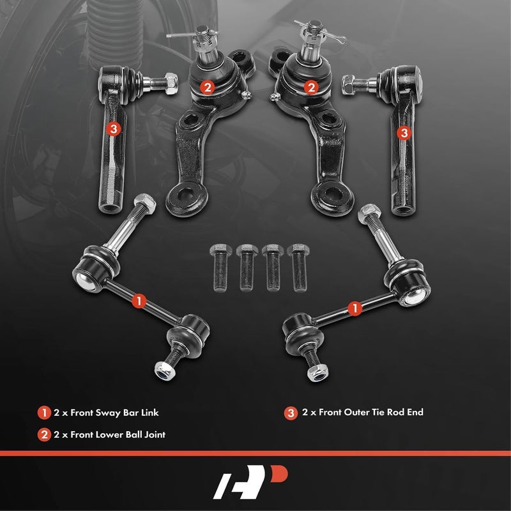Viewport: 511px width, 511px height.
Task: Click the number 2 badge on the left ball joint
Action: [206, 86]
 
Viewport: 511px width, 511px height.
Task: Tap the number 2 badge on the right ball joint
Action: [311, 86]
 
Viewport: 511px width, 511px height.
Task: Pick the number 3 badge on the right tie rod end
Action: [404, 132]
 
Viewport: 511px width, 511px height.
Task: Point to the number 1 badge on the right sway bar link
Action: [353, 309]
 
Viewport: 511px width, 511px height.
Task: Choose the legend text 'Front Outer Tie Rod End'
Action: [362, 413]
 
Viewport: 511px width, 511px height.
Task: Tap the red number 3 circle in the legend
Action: [291, 413]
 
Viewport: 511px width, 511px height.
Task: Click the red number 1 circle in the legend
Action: [44, 413]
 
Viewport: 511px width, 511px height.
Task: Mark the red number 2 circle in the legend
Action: [44, 436]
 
